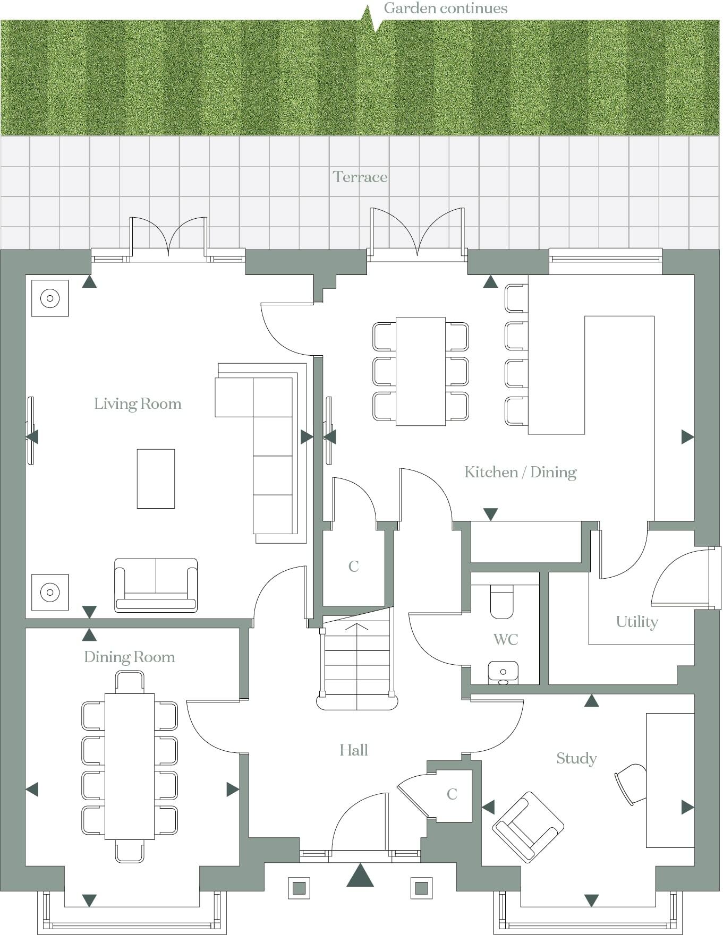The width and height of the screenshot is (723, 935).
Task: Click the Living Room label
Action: tap(138, 404)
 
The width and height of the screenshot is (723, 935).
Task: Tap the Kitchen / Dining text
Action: tap(520, 472)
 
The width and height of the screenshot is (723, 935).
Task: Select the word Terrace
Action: tap(360, 177)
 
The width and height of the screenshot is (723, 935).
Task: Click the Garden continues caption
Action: tap(445, 8)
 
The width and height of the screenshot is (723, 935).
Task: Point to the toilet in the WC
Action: tap(501, 603)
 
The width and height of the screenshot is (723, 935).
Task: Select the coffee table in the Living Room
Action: tap(156, 479)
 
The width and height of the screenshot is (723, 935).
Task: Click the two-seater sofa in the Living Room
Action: tap(156, 586)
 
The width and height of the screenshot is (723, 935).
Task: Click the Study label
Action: tap(576, 758)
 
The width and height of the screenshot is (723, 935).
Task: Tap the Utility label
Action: tap(637, 622)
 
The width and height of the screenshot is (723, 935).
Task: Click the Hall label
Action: tap(354, 750)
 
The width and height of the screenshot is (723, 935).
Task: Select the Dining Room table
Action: tap(130, 766)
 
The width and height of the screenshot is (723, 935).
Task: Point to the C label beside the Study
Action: tap(452, 794)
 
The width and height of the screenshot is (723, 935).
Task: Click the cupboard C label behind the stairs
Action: tap(354, 567)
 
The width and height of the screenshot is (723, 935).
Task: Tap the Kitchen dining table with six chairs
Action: tap(420, 371)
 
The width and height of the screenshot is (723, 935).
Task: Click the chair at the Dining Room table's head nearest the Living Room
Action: tap(130, 681)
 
